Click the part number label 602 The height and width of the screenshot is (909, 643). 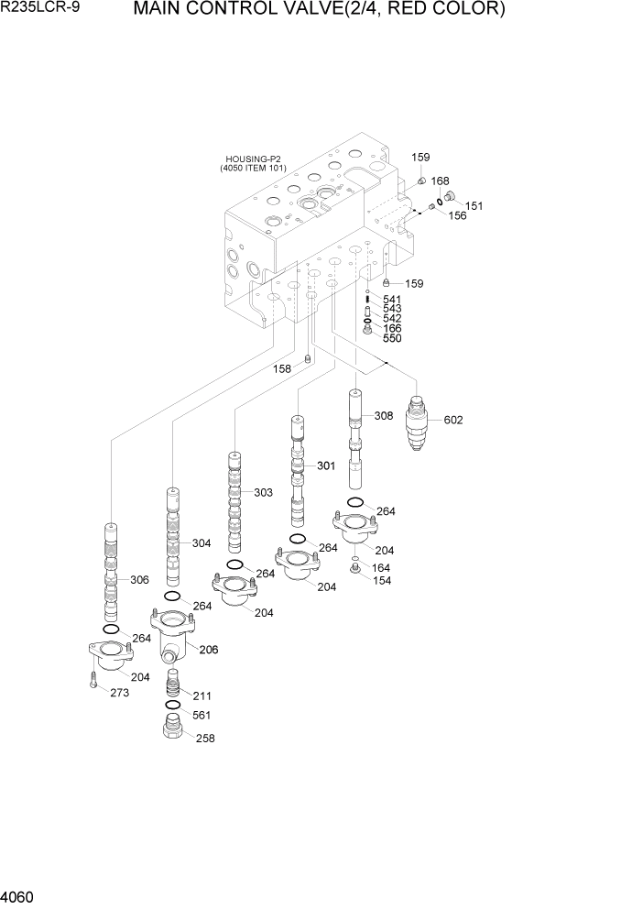[x=453, y=421]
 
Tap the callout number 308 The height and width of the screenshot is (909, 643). [x=384, y=416]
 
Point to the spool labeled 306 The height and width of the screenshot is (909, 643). [x=111, y=568]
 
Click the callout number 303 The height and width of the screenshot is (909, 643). [x=263, y=493]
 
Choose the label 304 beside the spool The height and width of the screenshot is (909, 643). [x=202, y=543]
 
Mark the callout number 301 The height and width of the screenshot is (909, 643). [x=327, y=466]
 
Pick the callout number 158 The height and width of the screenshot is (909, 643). [x=282, y=369]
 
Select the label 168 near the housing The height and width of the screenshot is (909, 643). [x=440, y=181]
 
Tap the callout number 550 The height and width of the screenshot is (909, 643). [x=392, y=339]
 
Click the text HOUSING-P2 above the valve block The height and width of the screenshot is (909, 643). [x=253, y=159]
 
